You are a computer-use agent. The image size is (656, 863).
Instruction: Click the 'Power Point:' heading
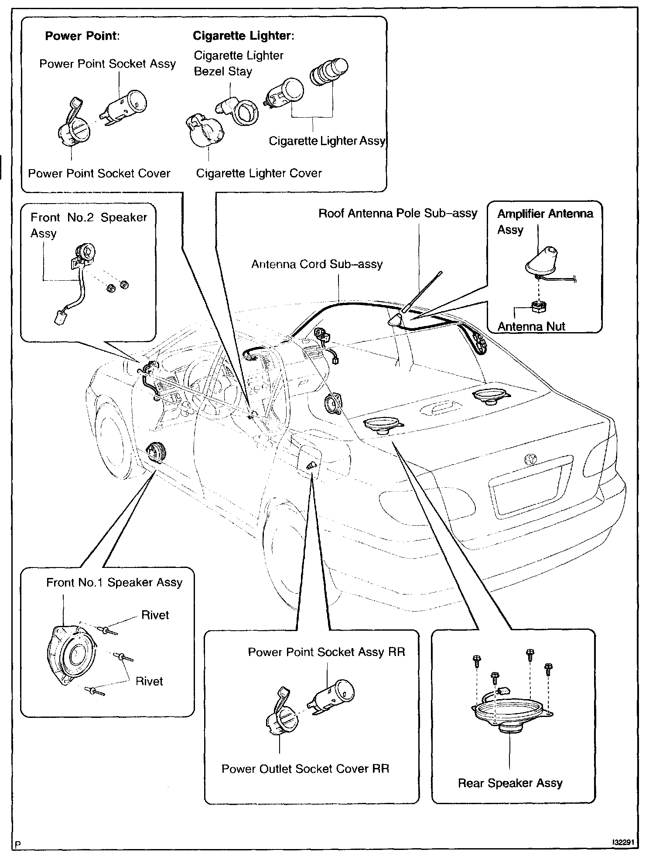82,36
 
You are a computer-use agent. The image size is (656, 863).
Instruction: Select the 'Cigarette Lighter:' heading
243,36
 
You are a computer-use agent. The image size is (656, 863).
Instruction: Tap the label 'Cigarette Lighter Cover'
259,173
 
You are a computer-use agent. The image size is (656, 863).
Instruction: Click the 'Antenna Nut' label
531,326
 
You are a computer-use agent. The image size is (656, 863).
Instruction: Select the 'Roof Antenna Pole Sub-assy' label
398,214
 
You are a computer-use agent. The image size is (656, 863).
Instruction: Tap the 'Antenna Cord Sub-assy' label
317,265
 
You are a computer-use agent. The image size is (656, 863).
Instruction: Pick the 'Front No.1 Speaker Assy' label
114,583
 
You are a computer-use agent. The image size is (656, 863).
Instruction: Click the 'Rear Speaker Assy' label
510,783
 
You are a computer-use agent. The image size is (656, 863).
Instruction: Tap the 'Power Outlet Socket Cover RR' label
305,768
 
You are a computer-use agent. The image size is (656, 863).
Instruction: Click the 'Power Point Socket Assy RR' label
326,652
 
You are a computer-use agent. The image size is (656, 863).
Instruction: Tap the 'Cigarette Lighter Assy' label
327,141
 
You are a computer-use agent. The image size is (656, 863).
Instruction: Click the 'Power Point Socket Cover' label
99,173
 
